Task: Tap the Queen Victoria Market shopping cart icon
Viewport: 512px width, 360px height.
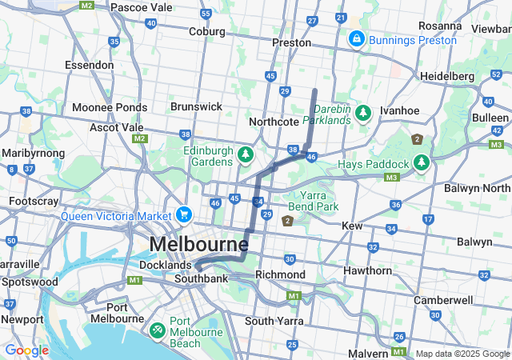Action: pos(184,214)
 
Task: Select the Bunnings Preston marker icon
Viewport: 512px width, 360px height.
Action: pos(356,38)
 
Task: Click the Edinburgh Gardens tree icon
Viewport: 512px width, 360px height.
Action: pos(246,153)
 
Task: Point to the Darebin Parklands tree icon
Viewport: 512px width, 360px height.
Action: pos(363,113)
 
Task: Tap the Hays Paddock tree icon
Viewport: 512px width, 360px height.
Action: pos(422,163)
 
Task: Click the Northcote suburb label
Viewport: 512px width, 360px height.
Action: pos(274,122)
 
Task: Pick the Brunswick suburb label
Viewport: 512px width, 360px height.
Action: pos(196,106)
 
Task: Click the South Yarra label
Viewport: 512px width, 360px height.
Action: pos(271,321)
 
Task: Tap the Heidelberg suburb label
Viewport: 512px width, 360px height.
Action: pos(447,76)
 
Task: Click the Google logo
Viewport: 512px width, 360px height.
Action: pos(26,350)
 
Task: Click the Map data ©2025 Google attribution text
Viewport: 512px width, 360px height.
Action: pos(462,354)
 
